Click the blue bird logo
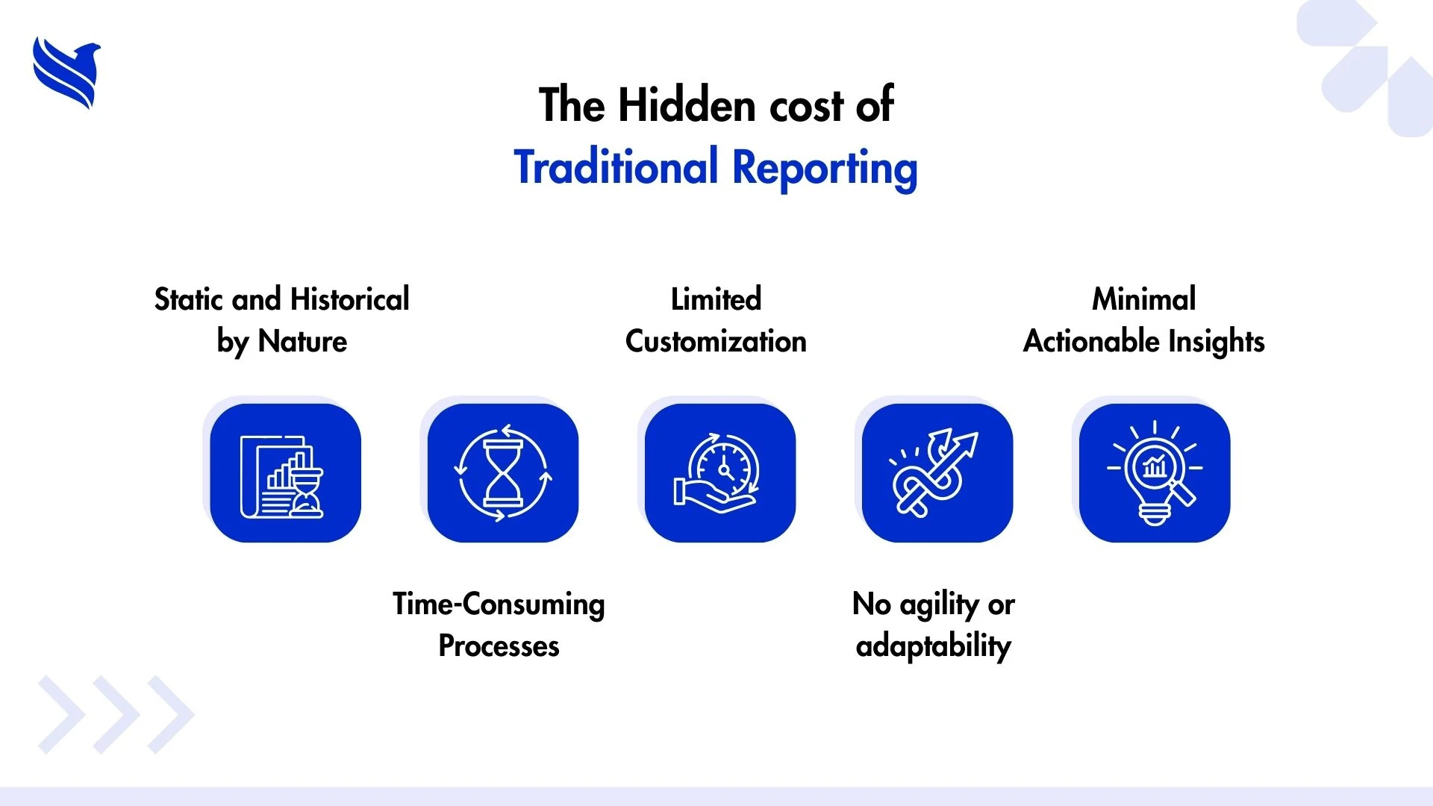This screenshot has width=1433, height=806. (x=66, y=72)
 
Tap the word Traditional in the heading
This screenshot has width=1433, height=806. (x=616, y=166)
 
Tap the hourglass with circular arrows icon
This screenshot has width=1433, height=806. (x=503, y=473)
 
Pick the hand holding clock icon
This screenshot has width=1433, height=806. (x=717, y=473)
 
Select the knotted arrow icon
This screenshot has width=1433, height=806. (x=934, y=473)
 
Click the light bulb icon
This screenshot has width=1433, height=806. (x=1155, y=473)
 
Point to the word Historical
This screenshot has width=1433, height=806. (x=349, y=299)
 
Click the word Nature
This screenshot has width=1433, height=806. (x=302, y=342)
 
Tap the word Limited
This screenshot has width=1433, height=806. (x=716, y=299)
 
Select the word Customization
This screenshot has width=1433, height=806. (x=716, y=342)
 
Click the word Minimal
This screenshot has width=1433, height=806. (x=1143, y=299)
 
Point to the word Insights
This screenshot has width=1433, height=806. (x=1216, y=343)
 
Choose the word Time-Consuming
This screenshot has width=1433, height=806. (x=499, y=605)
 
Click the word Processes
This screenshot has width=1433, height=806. (x=499, y=646)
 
